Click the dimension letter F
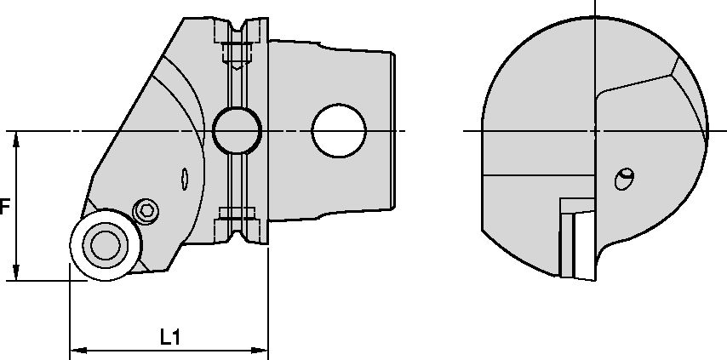point(5,207)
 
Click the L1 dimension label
point(170,337)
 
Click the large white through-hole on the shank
point(338,130)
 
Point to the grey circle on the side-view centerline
point(237,130)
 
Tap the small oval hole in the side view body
point(186,179)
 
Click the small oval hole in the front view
point(625,179)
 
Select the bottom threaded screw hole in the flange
point(237,217)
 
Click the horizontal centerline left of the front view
point(472,130)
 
